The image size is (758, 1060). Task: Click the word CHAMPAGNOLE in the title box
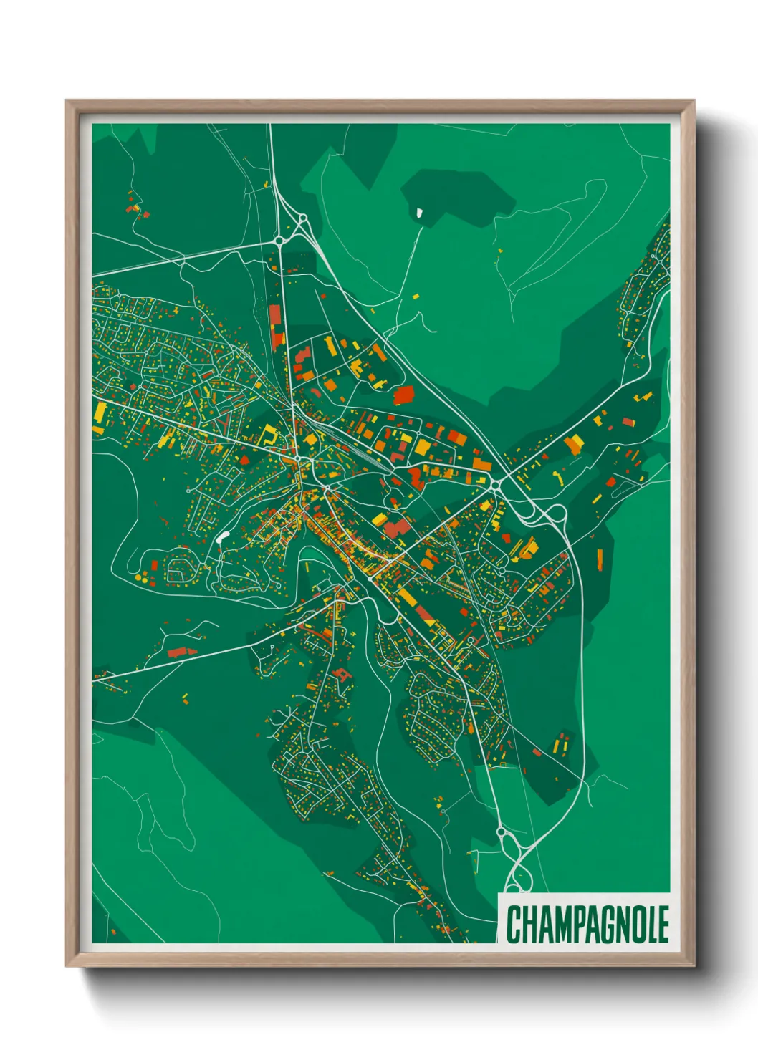tap(587, 924)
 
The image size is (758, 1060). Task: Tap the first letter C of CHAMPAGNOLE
tap(514, 924)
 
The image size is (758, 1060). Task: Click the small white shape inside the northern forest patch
tap(419, 212)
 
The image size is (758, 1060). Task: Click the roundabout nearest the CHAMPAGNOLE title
tap(501, 832)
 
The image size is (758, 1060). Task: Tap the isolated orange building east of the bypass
tap(600, 559)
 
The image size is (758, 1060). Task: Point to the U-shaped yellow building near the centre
tap(270, 434)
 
